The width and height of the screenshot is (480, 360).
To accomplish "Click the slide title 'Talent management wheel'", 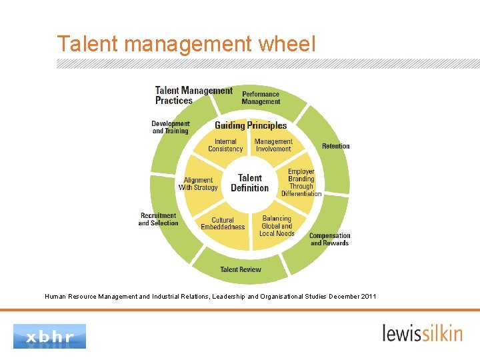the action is pyautogui.click(x=186, y=44).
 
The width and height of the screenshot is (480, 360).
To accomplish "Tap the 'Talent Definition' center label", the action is pyautogui.click(x=250, y=183).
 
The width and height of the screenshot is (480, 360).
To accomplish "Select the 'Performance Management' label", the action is pyautogui.click(x=261, y=98).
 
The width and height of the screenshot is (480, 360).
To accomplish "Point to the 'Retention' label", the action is pyautogui.click(x=335, y=146).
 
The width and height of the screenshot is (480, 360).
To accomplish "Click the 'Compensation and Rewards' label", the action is pyautogui.click(x=329, y=239).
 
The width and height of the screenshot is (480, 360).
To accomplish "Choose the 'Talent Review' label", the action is pyautogui.click(x=241, y=269).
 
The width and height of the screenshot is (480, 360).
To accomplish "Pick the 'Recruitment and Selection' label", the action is pyautogui.click(x=159, y=219).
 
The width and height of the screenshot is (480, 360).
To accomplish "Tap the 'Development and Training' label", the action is pyautogui.click(x=171, y=127).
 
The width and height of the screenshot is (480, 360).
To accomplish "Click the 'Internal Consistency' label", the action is pyautogui.click(x=225, y=145).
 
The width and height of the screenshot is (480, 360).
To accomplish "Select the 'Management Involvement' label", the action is pyautogui.click(x=273, y=145).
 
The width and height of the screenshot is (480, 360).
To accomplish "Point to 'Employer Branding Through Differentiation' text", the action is pyautogui.click(x=301, y=183).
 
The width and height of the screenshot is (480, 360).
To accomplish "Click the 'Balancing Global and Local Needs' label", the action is pyautogui.click(x=277, y=226).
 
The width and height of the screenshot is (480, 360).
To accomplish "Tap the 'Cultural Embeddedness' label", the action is pyautogui.click(x=223, y=223).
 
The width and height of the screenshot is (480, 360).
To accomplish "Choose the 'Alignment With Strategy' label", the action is pyautogui.click(x=198, y=184).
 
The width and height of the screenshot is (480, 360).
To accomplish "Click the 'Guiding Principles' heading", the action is pyautogui.click(x=251, y=125).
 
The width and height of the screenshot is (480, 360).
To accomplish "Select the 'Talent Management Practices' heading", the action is pyautogui.click(x=193, y=95).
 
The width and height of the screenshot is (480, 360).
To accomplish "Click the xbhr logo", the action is pyautogui.click(x=50, y=336).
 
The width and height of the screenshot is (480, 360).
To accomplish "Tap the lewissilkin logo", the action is pyautogui.click(x=422, y=333).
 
